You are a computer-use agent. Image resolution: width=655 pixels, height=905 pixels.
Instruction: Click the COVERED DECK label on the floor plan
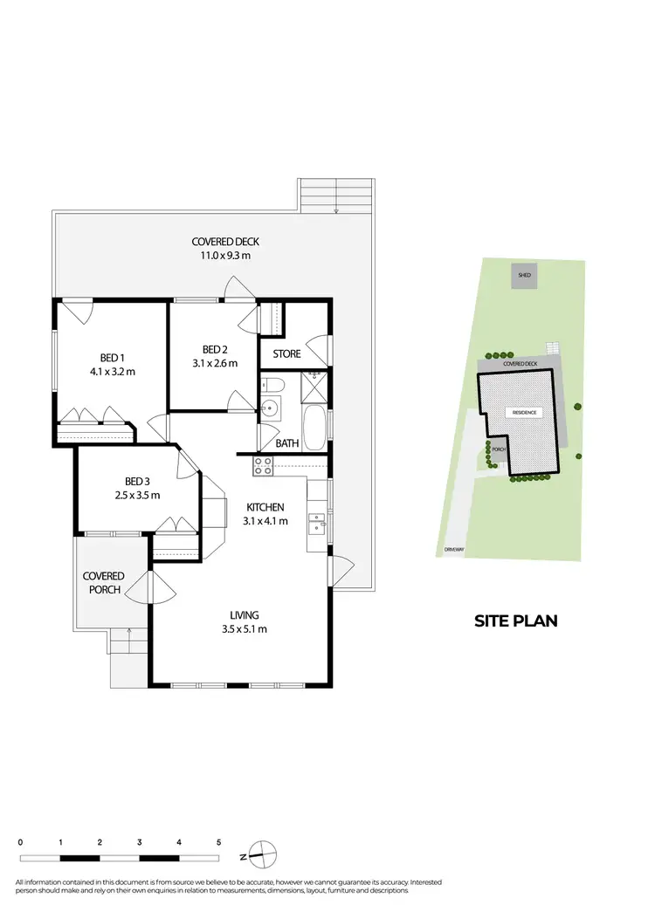pyautogui.click(x=225, y=242)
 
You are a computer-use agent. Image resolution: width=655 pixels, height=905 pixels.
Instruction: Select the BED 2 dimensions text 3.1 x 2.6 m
pyautogui.click(x=215, y=364)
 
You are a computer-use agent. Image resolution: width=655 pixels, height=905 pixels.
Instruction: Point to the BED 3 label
pyautogui.click(x=137, y=481)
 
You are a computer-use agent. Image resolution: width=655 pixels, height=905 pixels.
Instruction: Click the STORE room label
pyautogui.click(x=286, y=353)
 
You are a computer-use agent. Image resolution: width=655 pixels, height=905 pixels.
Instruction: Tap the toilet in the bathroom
pyautogui.click(x=272, y=386)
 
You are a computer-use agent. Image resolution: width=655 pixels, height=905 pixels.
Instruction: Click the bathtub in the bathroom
pyautogui.click(x=314, y=425)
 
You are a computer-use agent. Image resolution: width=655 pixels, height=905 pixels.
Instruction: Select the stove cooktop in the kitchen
pyautogui.click(x=263, y=466)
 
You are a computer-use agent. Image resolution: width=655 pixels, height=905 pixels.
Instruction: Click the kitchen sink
pyautogui.click(x=316, y=524)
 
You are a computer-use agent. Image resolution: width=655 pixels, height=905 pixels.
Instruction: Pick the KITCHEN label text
pyautogui.click(x=264, y=507)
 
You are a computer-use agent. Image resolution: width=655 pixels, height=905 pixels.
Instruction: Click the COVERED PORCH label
pyautogui.click(x=103, y=582)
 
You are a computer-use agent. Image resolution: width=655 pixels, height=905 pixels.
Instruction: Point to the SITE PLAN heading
pyautogui.click(x=515, y=621)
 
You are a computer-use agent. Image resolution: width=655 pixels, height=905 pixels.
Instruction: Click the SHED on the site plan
pyautogui.click(x=524, y=276)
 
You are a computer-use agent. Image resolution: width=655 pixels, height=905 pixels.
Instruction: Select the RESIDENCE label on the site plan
pyautogui.click(x=524, y=412)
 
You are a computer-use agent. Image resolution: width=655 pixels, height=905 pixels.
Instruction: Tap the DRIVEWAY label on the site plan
pyautogui.click(x=452, y=551)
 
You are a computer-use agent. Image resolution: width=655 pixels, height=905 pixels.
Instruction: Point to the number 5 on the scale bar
pyautogui.click(x=218, y=843)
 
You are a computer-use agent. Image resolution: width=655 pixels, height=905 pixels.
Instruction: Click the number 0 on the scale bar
pyautogui.click(x=20, y=843)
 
